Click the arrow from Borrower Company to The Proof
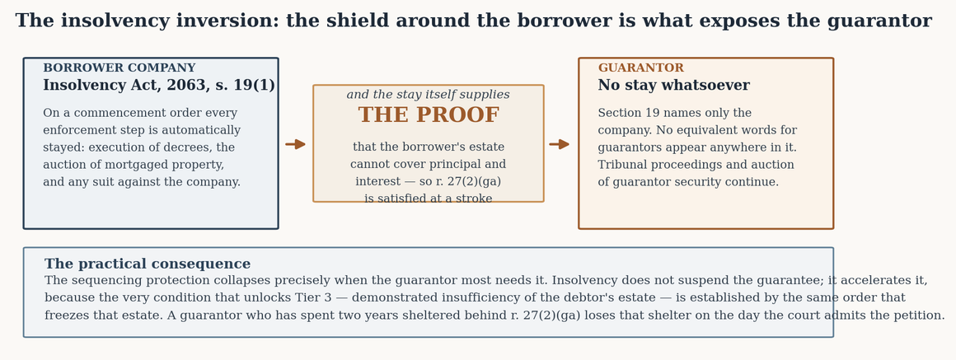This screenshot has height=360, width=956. pos(295,144)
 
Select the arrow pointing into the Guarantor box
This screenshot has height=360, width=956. pos(559,144)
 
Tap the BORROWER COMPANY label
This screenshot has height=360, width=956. pos(119,68)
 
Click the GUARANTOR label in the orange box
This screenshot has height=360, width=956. pos(641,68)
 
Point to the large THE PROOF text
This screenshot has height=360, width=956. pos(429,115)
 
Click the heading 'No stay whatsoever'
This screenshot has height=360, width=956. pos(673,86)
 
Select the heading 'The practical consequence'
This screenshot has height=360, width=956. pos(148,264)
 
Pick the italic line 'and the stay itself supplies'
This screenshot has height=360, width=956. pos(428,95)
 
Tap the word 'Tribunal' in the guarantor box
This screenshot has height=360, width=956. pos(620,165)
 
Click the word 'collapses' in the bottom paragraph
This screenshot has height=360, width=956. pos(241,280)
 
